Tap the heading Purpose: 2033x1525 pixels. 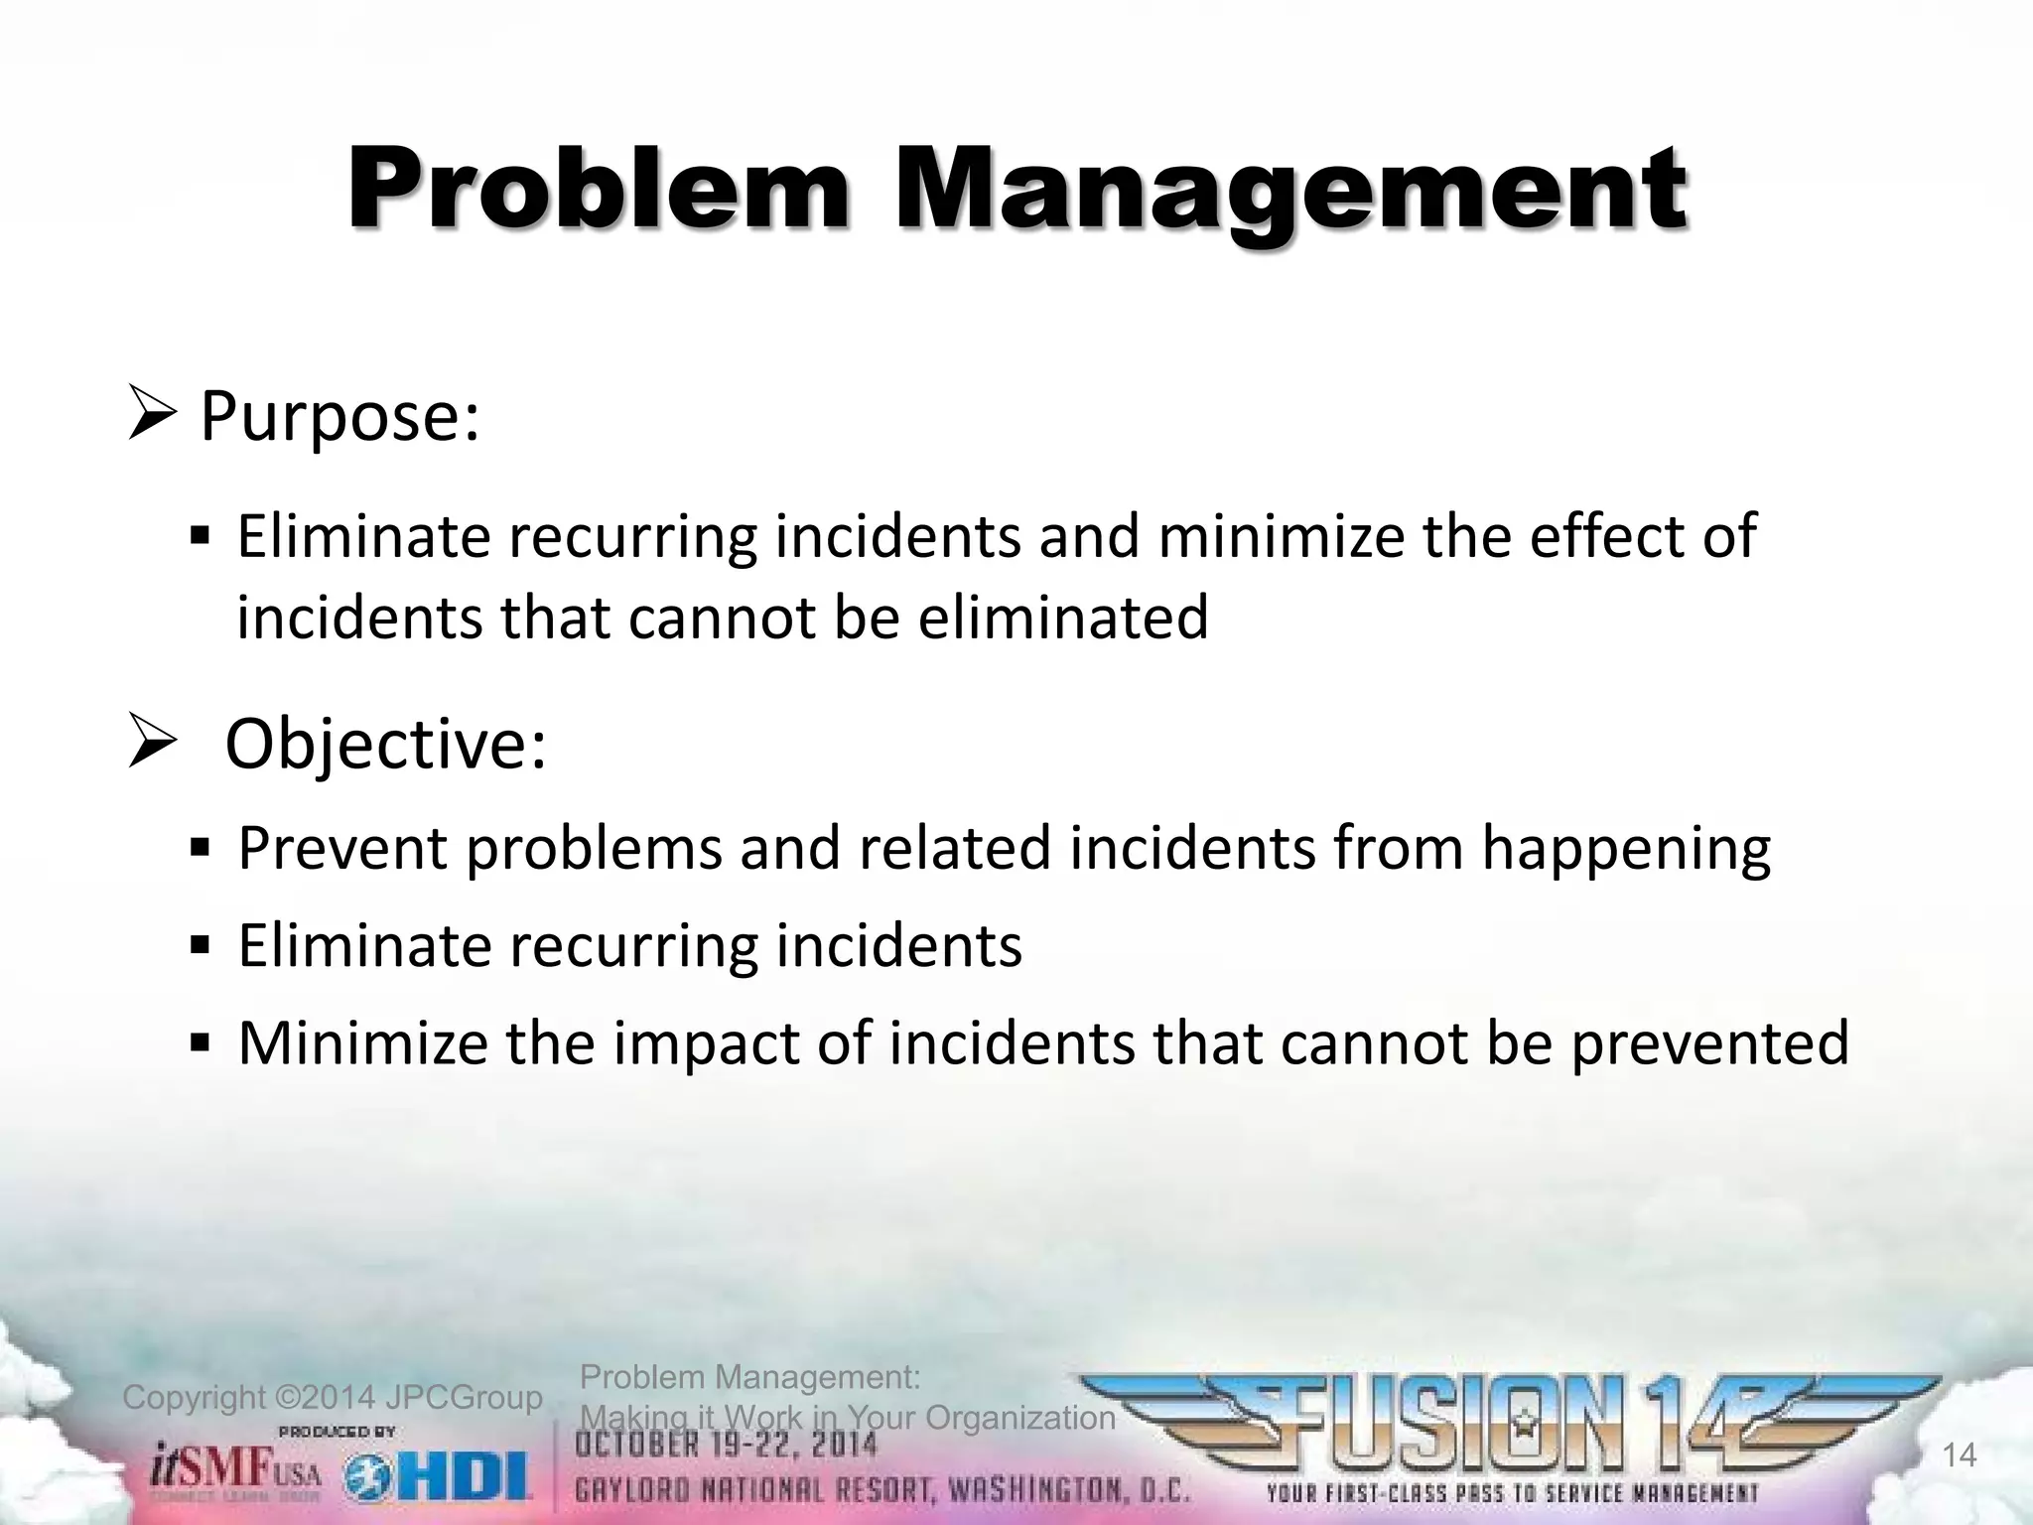(x=339, y=417)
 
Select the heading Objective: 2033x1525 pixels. (x=385, y=745)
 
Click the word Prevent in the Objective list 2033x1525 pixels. (x=342, y=849)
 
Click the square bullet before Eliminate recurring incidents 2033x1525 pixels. (x=200, y=944)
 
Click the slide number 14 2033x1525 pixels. (x=1959, y=1456)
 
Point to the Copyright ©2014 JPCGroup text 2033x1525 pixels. (x=333, y=1398)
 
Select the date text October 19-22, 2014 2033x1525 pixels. (x=729, y=1445)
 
